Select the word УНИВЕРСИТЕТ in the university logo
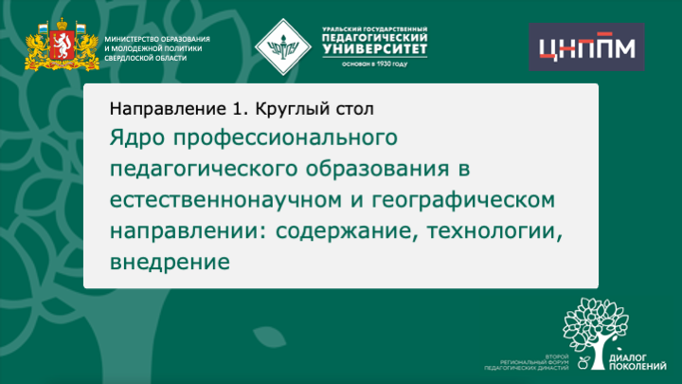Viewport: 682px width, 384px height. pos(375,48)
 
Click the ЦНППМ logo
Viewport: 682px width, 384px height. pos(585,46)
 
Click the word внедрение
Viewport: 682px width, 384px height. pos(170,259)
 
